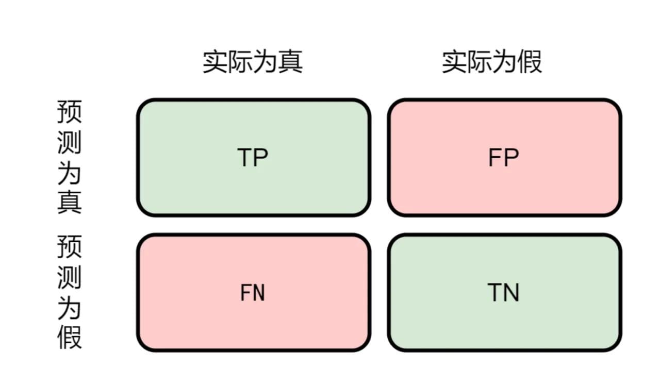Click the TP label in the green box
(x=253, y=157)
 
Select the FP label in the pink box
(x=504, y=157)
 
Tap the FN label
(x=253, y=292)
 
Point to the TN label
(x=503, y=292)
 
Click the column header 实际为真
(x=253, y=61)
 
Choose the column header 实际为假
(x=492, y=61)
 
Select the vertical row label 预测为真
(x=69, y=157)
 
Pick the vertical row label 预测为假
(x=69, y=292)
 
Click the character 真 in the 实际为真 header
(x=290, y=61)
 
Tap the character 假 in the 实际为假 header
(x=530, y=61)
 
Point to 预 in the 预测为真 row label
(x=69, y=112)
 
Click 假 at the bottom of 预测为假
(x=69, y=338)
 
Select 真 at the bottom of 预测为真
(x=69, y=202)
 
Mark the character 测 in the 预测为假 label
(x=69, y=277)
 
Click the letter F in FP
(x=495, y=157)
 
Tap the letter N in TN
(x=511, y=292)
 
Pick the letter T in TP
(x=244, y=157)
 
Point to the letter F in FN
(x=246, y=292)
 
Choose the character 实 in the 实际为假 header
(x=454, y=61)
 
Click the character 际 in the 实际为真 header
(x=240, y=61)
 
